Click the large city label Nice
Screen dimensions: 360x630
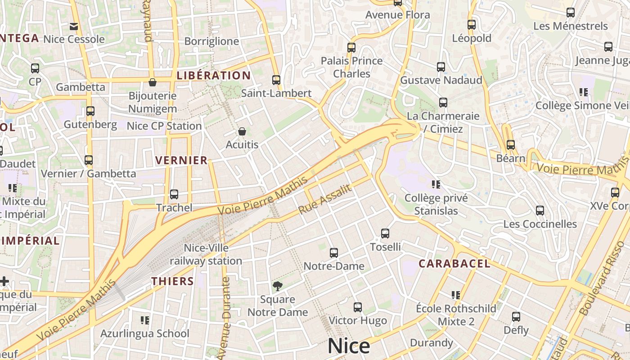click(x=349, y=346)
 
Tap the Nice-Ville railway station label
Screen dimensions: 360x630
click(x=206, y=254)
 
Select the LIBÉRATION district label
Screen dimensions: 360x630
click(x=213, y=75)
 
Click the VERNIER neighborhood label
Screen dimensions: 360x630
click(x=181, y=160)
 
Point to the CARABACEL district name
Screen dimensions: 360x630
click(x=454, y=264)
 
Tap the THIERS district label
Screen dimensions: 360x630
click(x=172, y=281)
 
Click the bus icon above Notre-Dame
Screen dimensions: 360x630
click(x=333, y=253)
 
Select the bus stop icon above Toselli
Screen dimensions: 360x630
click(x=385, y=234)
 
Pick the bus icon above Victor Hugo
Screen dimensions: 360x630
click(x=358, y=307)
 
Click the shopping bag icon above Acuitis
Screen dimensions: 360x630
click(x=242, y=131)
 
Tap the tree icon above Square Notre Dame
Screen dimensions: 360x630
click(x=278, y=286)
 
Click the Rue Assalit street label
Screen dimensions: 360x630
click(x=324, y=199)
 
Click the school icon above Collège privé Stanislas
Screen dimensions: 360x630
click(x=436, y=184)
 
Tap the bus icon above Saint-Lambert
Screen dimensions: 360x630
click(x=276, y=80)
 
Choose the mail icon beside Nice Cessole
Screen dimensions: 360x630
click(x=74, y=27)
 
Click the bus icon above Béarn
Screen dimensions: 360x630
click(x=510, y=145)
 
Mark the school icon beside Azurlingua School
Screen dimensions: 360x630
click(x=145, y=320)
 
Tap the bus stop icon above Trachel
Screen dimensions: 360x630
click(x=174, y=194)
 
